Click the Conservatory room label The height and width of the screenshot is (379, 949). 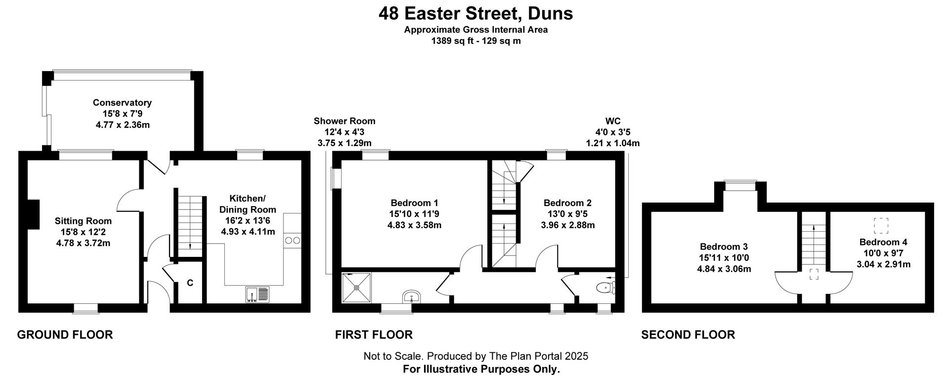122,103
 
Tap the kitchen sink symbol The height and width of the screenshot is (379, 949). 257,295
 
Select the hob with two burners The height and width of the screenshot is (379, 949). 292,241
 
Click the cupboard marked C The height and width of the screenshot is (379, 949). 190,283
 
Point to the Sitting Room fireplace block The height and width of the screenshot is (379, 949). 33,214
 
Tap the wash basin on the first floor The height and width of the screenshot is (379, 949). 411,296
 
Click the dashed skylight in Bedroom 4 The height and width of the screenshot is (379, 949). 881,226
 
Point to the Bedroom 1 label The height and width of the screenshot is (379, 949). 414,203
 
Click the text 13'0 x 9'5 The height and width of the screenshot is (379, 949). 567,214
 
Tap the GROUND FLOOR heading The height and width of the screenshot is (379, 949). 65,335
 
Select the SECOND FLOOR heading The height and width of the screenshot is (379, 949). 688,335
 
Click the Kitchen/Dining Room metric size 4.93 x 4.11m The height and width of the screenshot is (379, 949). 248,231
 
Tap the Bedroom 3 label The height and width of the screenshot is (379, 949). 724,247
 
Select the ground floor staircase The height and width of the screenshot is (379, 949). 190,225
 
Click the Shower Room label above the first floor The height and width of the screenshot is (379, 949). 345,121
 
